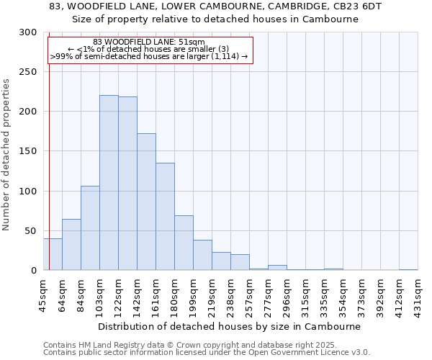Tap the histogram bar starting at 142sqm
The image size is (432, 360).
pos(146,202)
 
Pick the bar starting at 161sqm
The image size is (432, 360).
pos(165,217)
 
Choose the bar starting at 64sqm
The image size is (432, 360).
pos(71,245)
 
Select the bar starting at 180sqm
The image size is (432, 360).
pos(184,243)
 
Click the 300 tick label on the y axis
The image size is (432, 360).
pos(27,32)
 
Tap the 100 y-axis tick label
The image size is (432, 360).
pos(27,192)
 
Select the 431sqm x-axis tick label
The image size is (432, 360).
pos(418,294)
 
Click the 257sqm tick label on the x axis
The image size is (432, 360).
pos(249,294)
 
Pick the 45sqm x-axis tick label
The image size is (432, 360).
pos(43,294)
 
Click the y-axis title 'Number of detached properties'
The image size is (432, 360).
pos(6,154)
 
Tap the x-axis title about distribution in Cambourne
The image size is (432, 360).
pos(229,326)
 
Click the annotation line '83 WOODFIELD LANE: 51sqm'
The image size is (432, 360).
pos(149,42)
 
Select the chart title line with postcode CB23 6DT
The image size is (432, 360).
pos(215,6)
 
